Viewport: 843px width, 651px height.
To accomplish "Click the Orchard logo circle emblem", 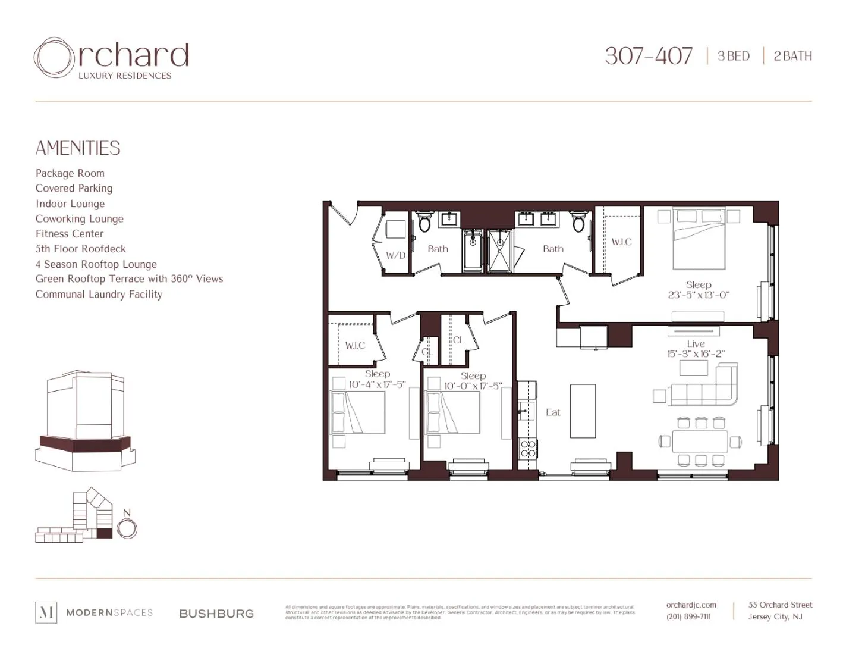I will click(54, 58).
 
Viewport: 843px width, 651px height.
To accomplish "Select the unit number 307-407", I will click(649, 56).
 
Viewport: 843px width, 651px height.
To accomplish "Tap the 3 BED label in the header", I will click(734, 56).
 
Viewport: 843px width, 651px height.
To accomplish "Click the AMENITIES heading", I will click(78, 148).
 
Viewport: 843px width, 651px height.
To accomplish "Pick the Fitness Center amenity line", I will click(70, 234).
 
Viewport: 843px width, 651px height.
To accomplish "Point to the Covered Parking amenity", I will click(74, 188).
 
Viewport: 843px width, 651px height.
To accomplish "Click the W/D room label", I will click(395, 255).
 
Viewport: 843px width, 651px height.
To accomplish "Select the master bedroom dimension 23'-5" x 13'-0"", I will click(699, 295).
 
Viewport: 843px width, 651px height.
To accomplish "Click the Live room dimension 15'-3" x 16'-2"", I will click(696, 353).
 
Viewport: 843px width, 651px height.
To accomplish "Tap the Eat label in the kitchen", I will click(553, 412).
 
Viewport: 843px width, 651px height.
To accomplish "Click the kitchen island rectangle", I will click(583, 411).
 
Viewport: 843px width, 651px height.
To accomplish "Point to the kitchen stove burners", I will click(527, 449).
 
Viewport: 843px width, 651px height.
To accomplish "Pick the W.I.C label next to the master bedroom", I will click(621, 242).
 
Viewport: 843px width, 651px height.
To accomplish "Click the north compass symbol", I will click(127, 528).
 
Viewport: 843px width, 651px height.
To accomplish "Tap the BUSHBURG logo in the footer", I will click(216, 614).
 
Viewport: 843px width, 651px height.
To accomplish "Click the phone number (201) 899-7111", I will click(688, 616).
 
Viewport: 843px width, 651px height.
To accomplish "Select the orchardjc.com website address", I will click(691, 605).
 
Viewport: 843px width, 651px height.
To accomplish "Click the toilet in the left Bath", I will click(424, 223).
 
